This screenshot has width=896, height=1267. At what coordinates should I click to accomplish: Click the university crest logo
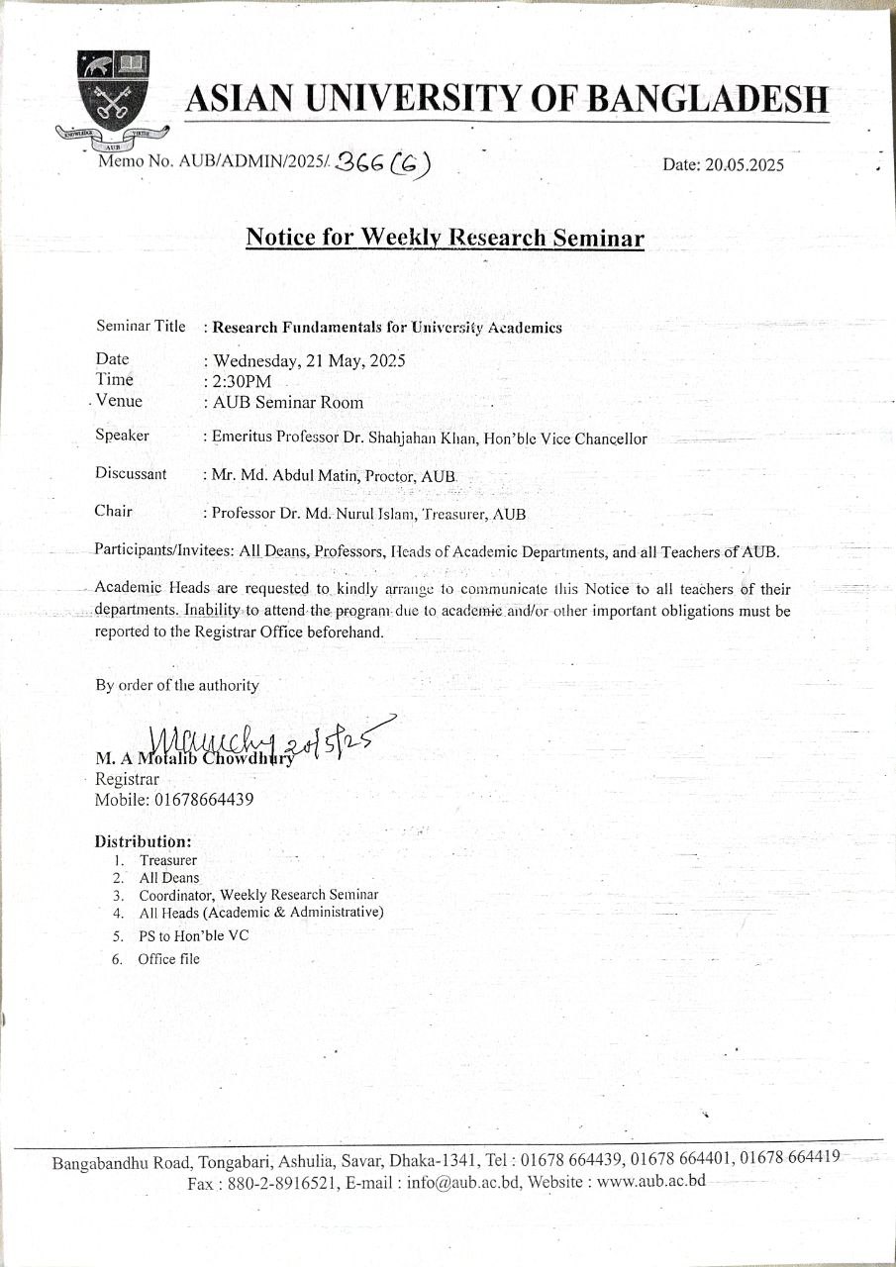[x=117, y=95]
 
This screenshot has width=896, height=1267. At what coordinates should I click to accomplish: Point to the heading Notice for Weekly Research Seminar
[x=445, y=239]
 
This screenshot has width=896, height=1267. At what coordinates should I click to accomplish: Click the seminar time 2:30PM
[x=243, y=381]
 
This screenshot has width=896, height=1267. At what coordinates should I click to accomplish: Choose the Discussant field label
[x=131, y=473]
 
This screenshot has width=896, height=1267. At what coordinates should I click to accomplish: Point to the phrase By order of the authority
[x=177, y=685]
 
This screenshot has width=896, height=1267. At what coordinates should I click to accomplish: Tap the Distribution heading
[x=143, y=841]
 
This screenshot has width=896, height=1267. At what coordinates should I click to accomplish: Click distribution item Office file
[x=169, y=959]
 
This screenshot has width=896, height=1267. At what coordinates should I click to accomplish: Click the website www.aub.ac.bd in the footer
[x=650, y=1182]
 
